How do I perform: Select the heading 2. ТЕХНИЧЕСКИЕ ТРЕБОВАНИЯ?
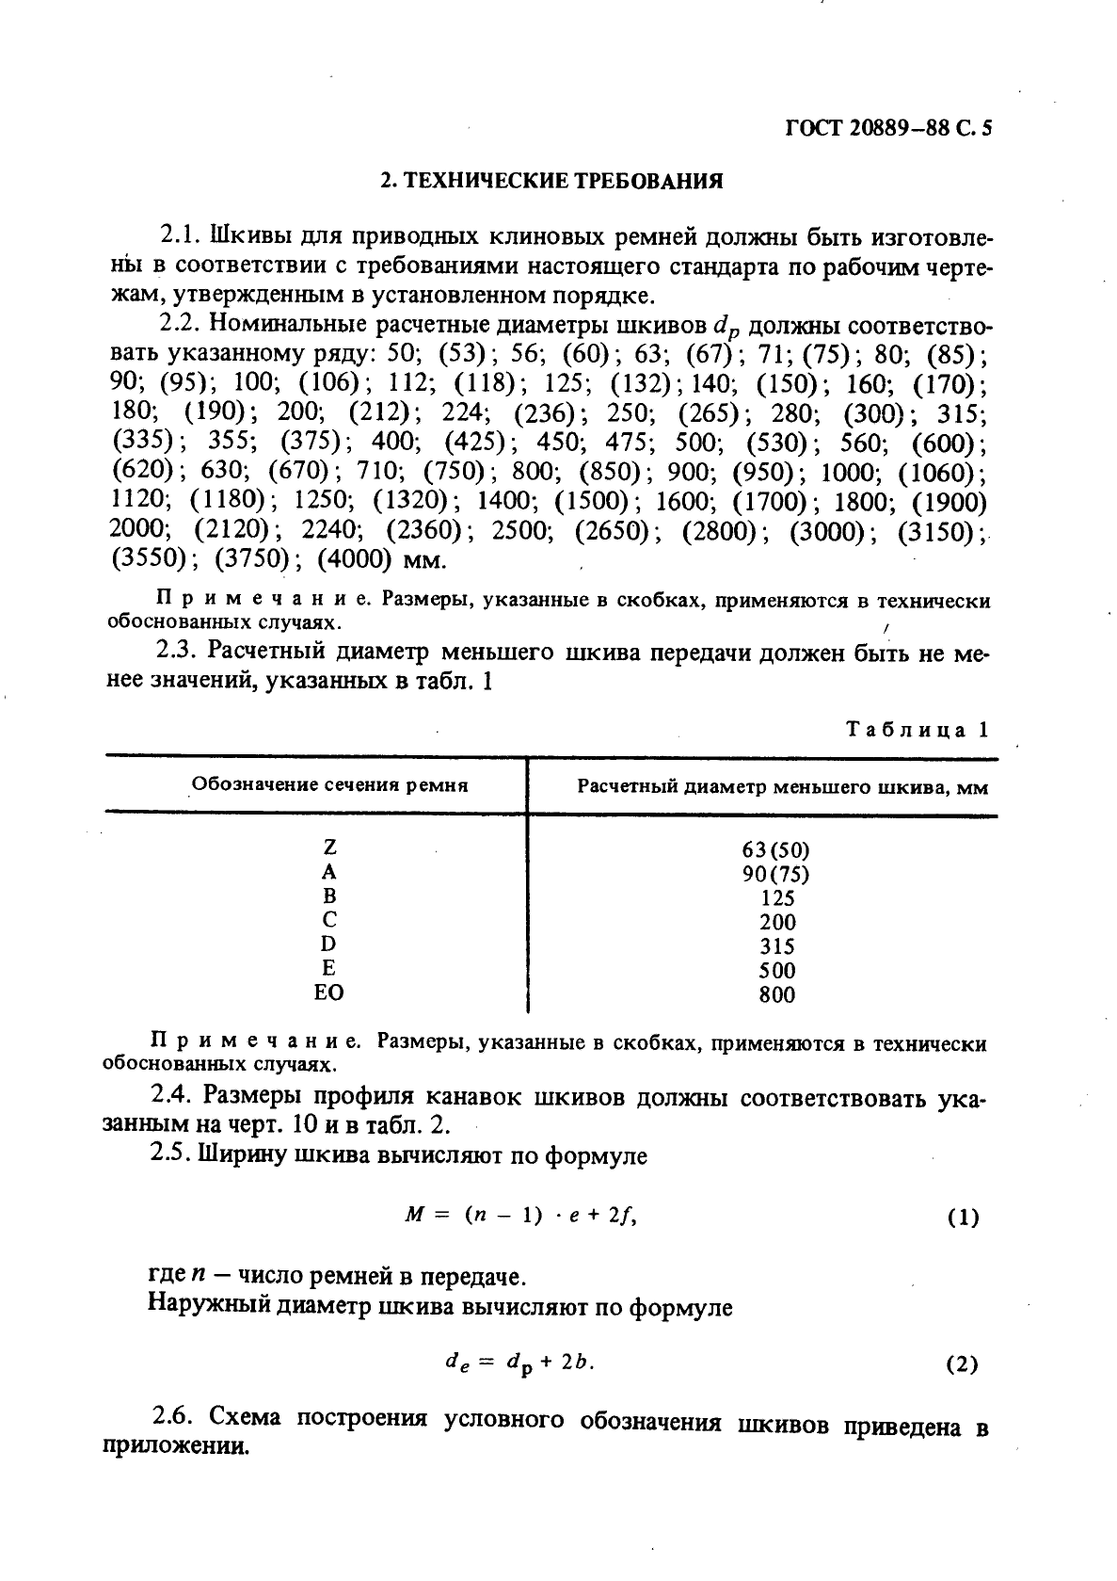pyautogui.click(x=551, y=181)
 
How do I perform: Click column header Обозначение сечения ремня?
pyautogui.click(x=330, y=784)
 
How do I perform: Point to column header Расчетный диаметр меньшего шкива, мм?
pyautogui.click(x=782, y=786)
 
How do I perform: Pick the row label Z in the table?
pyautogui.click(x=329, y=847)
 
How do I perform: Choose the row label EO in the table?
pyautogui.click(x=329, y=992)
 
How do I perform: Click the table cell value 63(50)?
pyautogui.click(x=776, y=849)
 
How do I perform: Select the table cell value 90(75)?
pyautogui.click(x=776, y=874)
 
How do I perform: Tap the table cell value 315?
pyautogui.click(x=777, y=946)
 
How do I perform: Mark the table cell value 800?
pyautogui.click(x=777, y=994)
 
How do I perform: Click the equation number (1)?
pyautogui.click(x=963, y=1217)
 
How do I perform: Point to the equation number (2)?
pyautogui.click(x=962, y=1363)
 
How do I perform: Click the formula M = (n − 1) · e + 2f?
pyautogui.click(x=520, y=1215)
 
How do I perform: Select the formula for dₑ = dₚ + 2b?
pyautogui.click(x=520, y=1363)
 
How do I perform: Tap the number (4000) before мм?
pyautogui.click(x=355, y=559)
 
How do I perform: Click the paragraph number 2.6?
pyautogui.click(x=173, y=1417)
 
